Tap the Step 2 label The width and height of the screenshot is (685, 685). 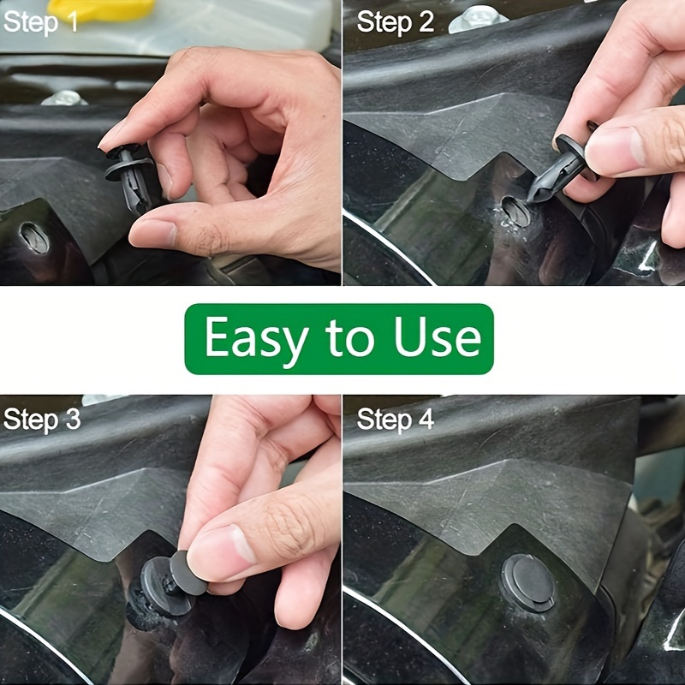(395, 22)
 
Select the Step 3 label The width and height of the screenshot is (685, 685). (42, 420)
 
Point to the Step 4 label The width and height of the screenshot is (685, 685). (395, 420)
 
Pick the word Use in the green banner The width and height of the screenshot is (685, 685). (437, 339)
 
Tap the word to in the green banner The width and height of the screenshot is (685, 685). (348, 339)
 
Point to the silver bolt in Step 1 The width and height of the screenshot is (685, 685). (64, 98)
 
